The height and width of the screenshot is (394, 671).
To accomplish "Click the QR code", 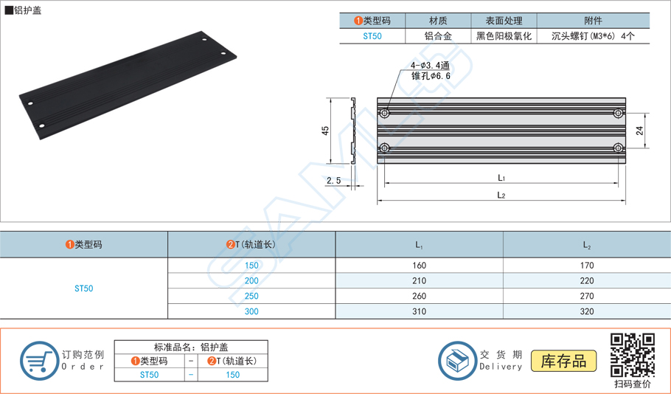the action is [x=632, y=355].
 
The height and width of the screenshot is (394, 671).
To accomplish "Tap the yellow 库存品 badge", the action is [x=563, y=361].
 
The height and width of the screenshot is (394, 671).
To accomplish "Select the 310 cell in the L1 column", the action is [x=419, y=311].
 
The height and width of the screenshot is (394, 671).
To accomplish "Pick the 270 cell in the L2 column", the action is [x=587, y=296].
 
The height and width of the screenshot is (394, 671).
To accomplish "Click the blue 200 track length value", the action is [x=251, y=281].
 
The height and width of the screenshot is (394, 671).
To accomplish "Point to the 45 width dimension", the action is [x=325, y=131].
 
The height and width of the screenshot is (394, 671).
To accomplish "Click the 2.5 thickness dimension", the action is [x=334, y=180].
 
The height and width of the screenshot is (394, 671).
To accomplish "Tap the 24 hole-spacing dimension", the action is [x=639, y=131].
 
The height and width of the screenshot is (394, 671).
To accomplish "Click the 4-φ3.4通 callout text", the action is [x=430, y=66].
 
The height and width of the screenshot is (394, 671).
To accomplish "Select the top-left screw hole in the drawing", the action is [x=385, y=114].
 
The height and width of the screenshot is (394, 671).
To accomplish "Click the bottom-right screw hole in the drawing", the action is [x=618, y=148].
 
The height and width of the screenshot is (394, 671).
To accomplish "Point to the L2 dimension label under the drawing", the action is [x=501, y=196].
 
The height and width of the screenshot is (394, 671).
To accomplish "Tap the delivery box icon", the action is [x=457, y=361].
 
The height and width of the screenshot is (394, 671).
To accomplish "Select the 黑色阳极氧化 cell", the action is [x=504, y=36].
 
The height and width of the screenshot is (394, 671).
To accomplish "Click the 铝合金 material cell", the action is [x=438, y=36].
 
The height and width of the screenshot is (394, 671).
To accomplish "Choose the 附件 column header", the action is [x=593, y=21].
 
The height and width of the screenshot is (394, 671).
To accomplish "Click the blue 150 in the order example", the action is [x=233, y=375].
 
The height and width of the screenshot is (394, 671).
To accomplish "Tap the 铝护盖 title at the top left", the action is [x=28, y=10].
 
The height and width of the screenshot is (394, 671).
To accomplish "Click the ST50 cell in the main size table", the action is [x=84, y=288].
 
